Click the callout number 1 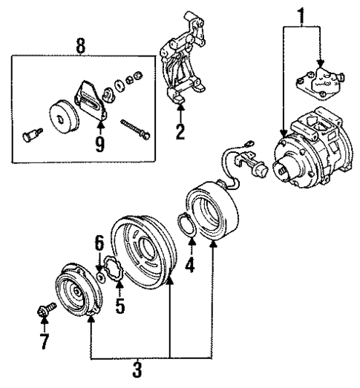point(301,13)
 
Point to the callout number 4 point(190,263)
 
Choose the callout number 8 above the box point(80,46)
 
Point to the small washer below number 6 point(99,276)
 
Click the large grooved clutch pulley point(143,250)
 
